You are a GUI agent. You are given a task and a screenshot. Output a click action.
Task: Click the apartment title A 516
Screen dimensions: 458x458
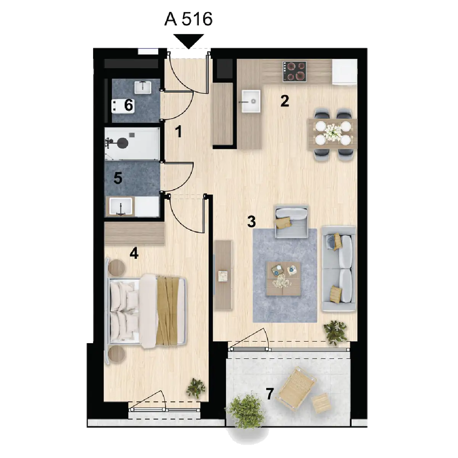[188, 19]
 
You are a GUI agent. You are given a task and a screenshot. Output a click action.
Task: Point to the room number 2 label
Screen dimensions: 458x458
[285, 101]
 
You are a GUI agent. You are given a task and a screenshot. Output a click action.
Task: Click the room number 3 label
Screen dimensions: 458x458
[252, 221]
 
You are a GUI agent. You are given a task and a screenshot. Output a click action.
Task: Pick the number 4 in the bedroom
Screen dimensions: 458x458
[134, 253]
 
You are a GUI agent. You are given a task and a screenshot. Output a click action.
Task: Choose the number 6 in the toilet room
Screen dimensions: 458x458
[129, 105]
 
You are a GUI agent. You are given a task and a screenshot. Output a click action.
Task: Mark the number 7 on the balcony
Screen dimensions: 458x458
[269, 394]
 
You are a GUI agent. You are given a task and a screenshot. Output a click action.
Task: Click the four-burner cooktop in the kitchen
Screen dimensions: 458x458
[295, 71]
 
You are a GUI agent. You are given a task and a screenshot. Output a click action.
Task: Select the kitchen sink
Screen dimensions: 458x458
[251, 100]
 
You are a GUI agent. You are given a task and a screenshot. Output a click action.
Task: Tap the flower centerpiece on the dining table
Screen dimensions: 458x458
[332, 131]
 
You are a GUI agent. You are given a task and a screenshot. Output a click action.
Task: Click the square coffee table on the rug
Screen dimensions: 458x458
[283, 279]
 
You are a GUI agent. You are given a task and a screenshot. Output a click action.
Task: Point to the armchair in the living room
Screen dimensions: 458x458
[292, 221]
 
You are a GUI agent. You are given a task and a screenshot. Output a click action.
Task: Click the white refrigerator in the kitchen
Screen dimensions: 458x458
[344, 72]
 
